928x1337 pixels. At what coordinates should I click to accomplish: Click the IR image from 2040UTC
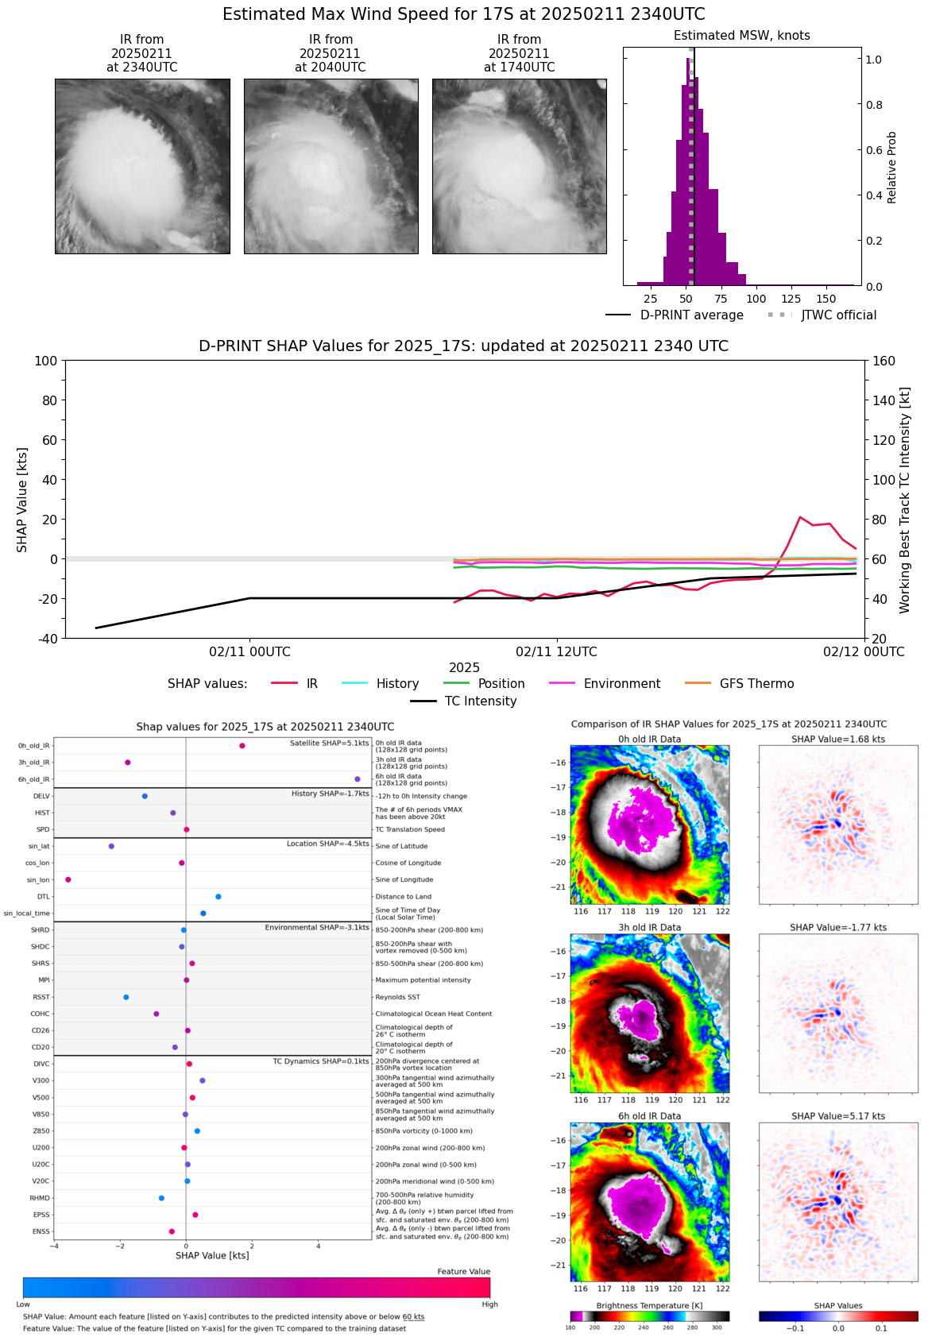[x=331, y=166]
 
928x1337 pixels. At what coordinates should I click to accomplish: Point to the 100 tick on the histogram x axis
[x=756, y=299]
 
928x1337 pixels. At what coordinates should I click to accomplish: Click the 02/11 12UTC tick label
[x=556, y=651]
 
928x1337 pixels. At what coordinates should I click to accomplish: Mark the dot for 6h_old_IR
[x=358, y=779]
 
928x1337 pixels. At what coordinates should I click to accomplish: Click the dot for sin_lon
[x=68, y=879]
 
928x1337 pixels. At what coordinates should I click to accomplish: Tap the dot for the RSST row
[x=126, y=997]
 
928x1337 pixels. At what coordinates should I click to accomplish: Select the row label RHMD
[x=40, y=1198]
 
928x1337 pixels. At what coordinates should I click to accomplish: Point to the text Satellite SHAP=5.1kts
[x=329, y=744]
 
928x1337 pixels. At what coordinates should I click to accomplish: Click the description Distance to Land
[x=404, y=897]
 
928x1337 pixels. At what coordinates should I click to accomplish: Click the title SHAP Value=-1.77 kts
[x=838, y=927]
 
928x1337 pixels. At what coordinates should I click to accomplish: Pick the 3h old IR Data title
[x=649, y=927]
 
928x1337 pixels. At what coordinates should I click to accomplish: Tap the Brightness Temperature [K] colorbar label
[x=649, y=1305]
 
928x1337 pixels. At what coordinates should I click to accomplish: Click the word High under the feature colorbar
[x=489, y=1304]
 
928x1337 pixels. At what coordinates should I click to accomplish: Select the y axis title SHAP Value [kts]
[x=22, y=500]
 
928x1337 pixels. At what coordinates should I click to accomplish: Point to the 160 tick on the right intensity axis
[x=884, y=361]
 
